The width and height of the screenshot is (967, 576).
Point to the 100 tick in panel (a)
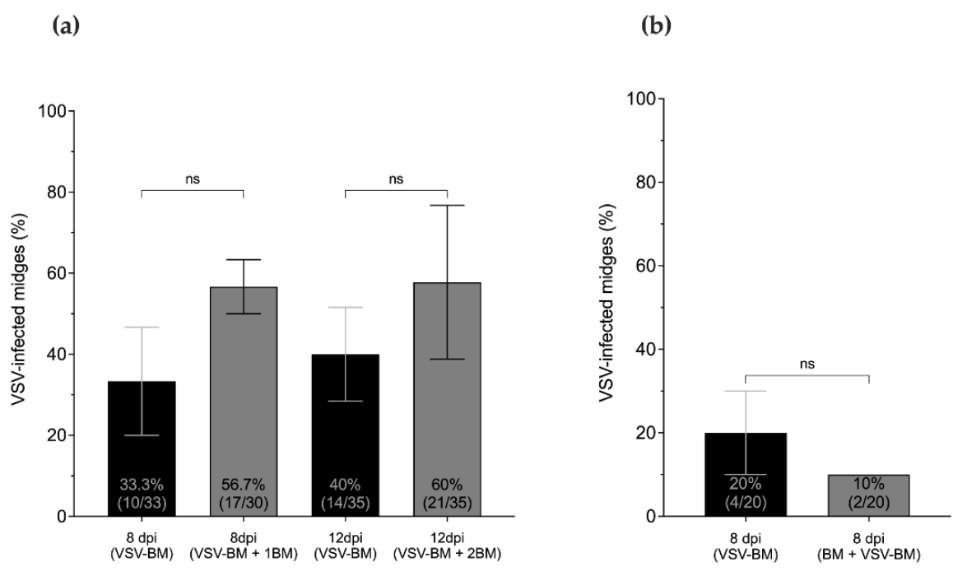pos(63,111)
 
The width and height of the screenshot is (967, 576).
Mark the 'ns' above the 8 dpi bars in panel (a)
pos(193,178)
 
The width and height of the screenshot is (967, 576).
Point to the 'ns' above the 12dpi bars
pos(396,178)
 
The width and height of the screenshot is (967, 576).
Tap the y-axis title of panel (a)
pos(18,314)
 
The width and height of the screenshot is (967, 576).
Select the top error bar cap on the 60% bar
pos(446,205)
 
